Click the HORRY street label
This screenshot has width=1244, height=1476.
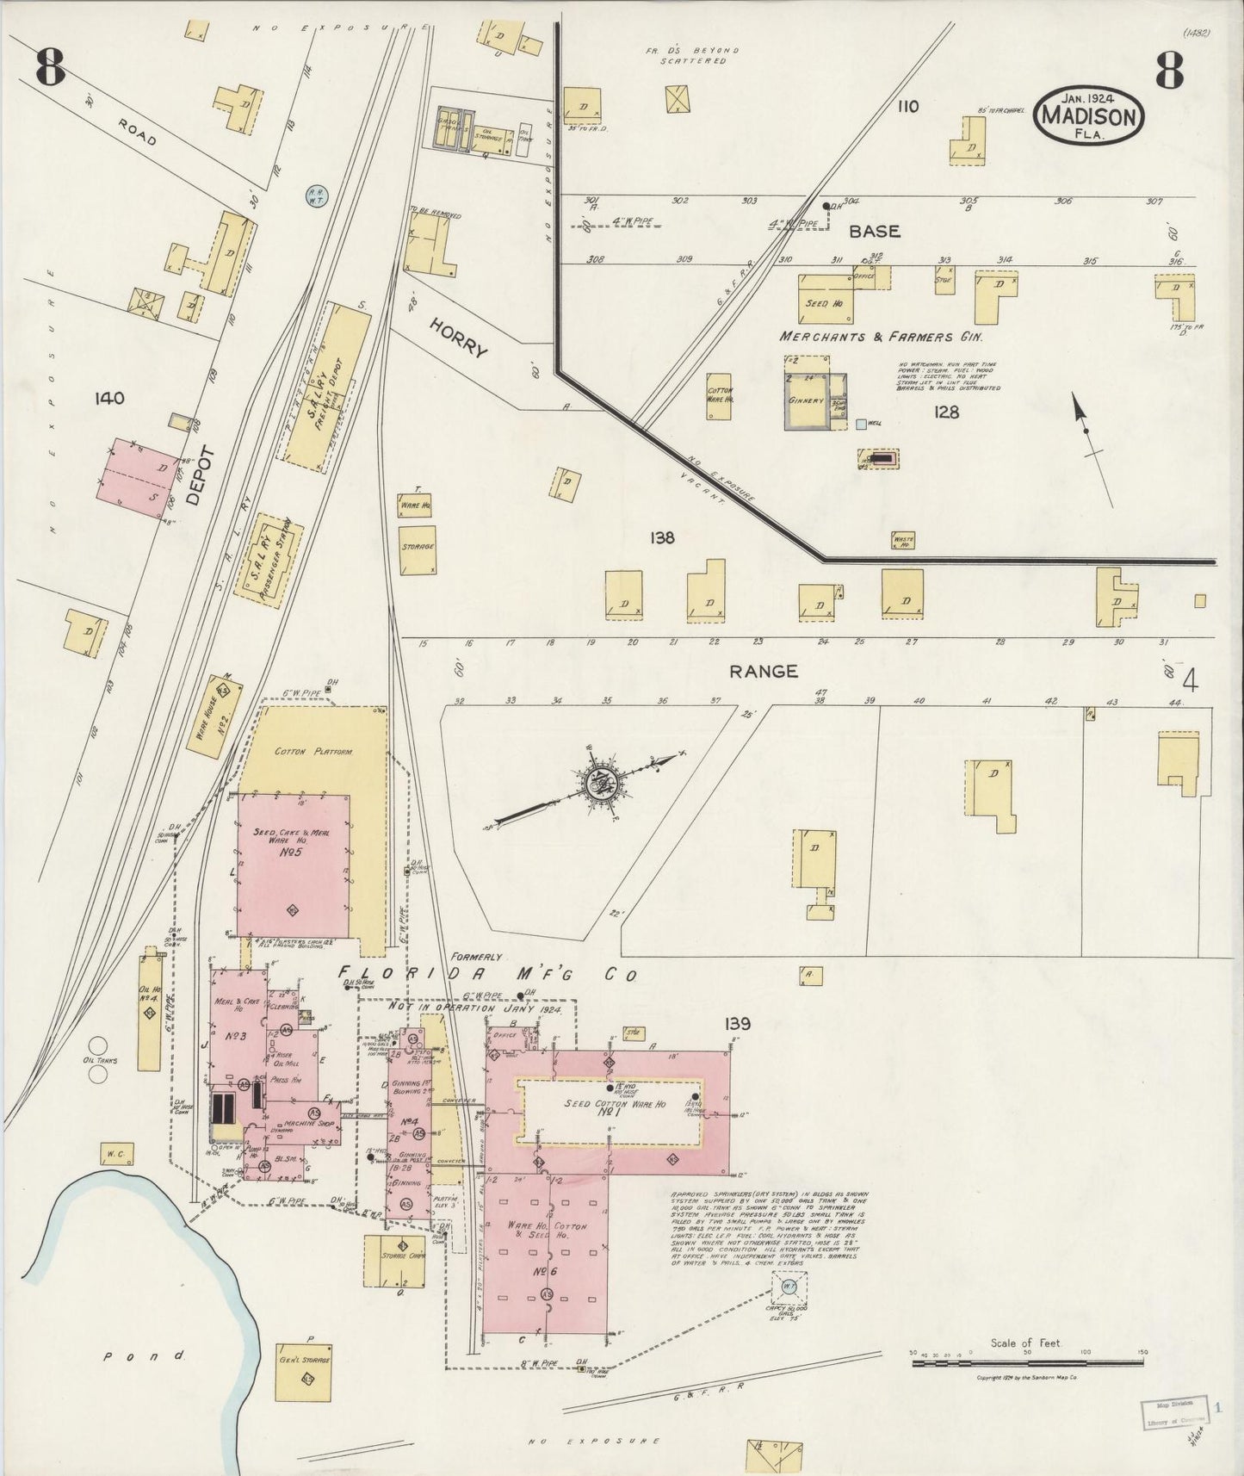pyautogui.click(x=459, y=337)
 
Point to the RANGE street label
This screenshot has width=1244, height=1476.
pyautogui.click(x=763, y=672)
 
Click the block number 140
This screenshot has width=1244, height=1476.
pyautogui.click(x=110, y=399)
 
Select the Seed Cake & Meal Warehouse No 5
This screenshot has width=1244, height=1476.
pyautogui.click(x=293, y=865)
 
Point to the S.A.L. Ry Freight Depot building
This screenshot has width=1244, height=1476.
pyautogui.click(x=326, y=388)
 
